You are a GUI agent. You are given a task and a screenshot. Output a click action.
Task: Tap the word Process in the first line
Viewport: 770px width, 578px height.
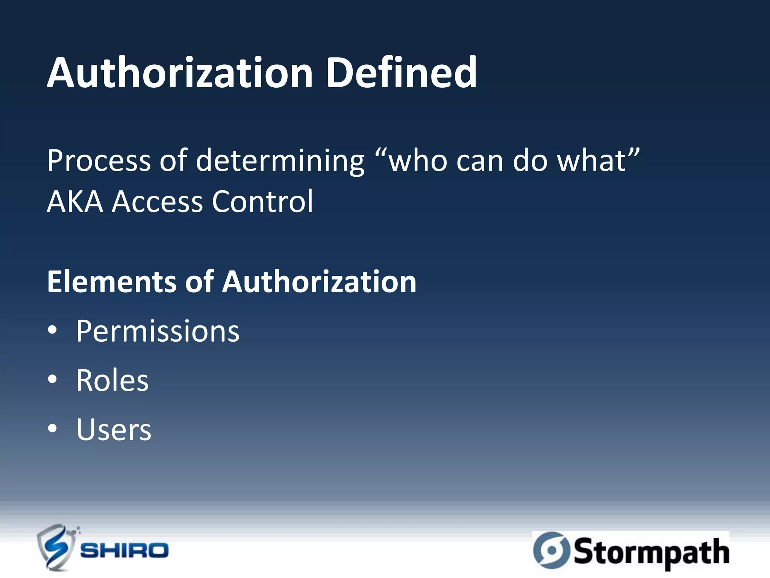coord(99,161)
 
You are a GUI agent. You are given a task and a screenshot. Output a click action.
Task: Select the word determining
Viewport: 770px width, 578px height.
coord(280,161)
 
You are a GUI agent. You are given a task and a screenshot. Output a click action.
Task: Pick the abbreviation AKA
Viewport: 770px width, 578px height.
coord(75,202)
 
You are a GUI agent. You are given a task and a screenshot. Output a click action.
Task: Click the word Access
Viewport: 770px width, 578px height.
coord(157,202)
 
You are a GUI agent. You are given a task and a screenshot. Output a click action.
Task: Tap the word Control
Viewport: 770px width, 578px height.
coord(262,202)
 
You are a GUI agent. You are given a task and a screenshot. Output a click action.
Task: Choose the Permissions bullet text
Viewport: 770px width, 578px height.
coord(158,331)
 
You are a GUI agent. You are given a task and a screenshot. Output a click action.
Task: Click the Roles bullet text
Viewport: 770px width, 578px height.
coord(112,380)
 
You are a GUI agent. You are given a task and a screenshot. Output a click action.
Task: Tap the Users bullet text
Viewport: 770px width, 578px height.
coord(114,430)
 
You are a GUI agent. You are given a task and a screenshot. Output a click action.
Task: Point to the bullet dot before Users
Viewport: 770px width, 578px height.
coord(53,429)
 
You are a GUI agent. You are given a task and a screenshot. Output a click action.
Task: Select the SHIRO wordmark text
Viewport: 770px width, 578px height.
coord(124,551)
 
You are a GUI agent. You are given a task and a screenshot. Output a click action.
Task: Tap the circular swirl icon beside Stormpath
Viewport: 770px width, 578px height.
coord(552,550)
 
